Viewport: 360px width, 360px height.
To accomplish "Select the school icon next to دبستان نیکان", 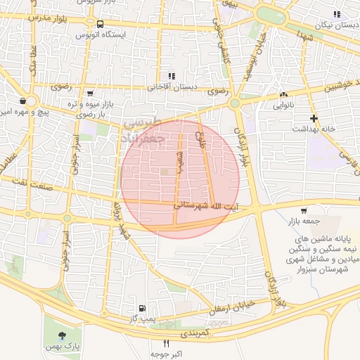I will click(x=337, y=14).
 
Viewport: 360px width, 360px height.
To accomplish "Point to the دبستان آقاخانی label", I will click(x=171, y=87).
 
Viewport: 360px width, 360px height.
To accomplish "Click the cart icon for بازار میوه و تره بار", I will click(x=89, y=93).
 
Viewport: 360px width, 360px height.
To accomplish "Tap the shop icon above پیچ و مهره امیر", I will click(x=23, y=101).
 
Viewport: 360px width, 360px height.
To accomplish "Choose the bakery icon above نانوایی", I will click(x=283, y=95).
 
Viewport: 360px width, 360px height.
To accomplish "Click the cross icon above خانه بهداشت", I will click(x=314, y=118).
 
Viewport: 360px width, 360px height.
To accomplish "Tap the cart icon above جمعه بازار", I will click(x=304, y=210).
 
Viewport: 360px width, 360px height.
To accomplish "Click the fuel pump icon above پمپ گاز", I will click(x=143, y=308).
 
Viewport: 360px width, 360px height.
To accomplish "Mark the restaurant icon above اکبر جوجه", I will click(x=166, y=344).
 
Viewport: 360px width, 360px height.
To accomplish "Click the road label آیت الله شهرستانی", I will click(x=207, y=206).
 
